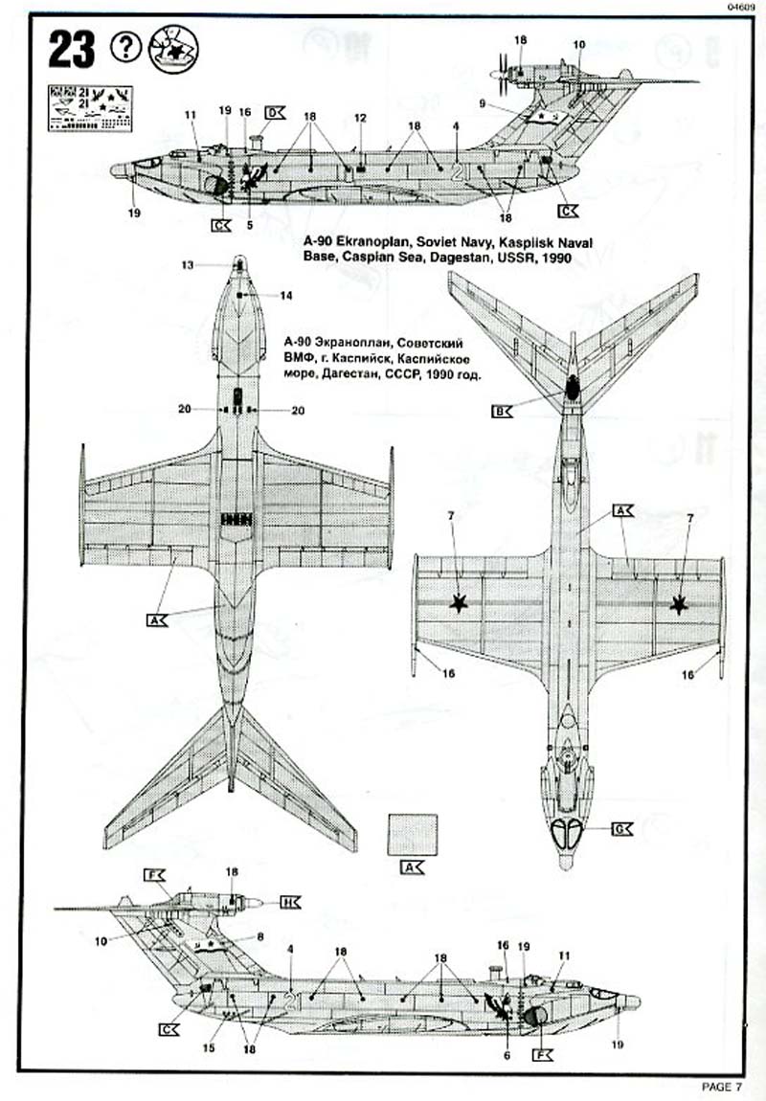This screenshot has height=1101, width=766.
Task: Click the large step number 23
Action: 73,50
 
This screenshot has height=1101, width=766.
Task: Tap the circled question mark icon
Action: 125,46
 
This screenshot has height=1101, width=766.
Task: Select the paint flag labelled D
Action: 274,112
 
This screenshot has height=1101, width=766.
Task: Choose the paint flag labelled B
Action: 502,412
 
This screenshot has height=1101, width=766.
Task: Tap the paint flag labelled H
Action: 291,902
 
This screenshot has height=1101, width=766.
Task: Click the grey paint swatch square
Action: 413,834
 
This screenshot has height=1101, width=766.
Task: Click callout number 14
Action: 285,297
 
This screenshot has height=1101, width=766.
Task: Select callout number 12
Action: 360,117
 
